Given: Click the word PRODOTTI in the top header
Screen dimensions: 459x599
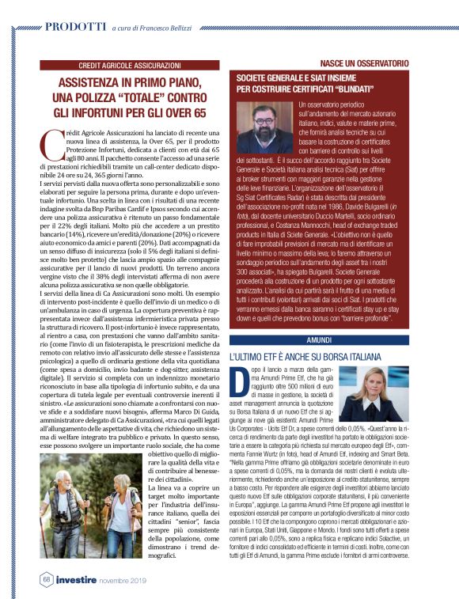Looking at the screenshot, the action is click(76, 26).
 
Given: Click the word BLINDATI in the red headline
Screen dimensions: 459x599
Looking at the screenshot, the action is click(367, 89).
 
